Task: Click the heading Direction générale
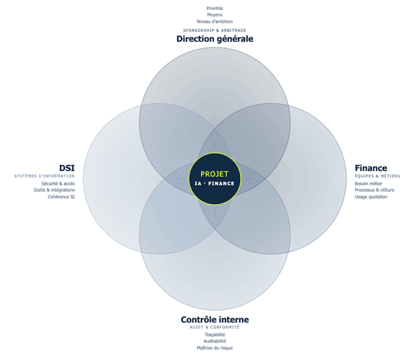click(215, 39)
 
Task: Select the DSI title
click(67, 168)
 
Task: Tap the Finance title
click(371, 168)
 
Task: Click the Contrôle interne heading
click(215, 320)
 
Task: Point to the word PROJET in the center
click(215, 174)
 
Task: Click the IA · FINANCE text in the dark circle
click(215, 183)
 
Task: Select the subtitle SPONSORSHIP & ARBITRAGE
click(215, 31)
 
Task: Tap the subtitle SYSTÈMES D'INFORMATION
click(45, 176)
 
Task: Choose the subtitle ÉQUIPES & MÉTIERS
click(377, 176)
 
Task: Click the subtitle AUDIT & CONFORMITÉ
click(215, 327)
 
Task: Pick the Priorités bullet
click(215, 9)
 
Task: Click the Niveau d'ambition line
click(215, 21)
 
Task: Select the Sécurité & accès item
click(58, 183)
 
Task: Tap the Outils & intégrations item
click(54, 190)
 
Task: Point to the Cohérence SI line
click(61, 197)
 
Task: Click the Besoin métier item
click(369, 183)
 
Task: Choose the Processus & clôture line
click(375, 190)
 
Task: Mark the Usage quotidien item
click(371, 197)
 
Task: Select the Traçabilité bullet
click(215, 335)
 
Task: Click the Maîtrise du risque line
click(215, 348)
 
